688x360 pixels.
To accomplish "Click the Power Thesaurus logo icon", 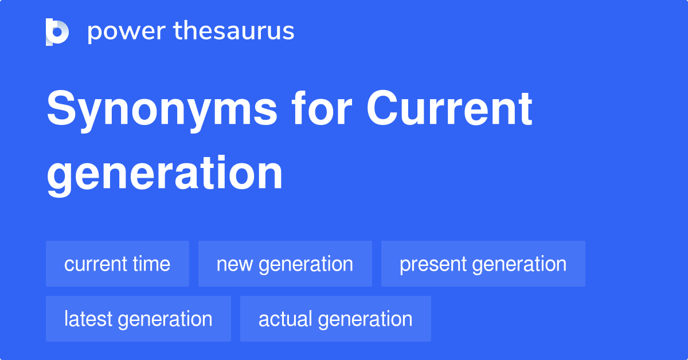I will point(57,32).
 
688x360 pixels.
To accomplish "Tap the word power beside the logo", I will point(125,32).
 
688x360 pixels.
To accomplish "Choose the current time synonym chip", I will point(118,264).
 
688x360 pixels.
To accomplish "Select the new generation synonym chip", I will point(285,264).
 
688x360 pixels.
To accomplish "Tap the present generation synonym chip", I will point(483,264).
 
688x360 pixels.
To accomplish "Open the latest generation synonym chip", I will point(138,319).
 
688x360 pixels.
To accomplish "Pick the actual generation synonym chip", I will point(335,319).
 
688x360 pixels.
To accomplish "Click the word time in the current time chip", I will point(151,264).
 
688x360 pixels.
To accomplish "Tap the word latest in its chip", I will point(85,319).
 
